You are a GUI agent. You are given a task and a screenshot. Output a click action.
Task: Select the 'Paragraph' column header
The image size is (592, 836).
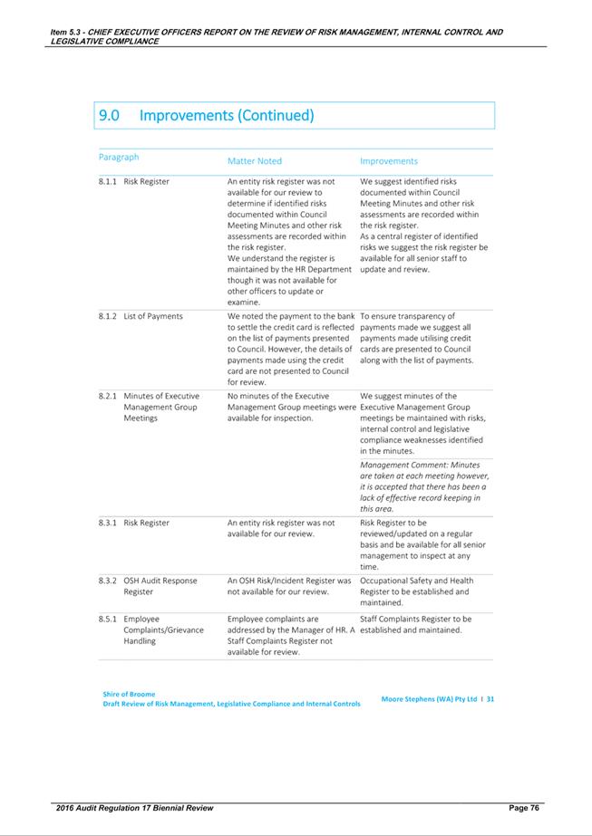tap(119, 157)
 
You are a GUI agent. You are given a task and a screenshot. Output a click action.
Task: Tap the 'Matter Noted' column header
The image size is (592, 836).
tap(254, 161)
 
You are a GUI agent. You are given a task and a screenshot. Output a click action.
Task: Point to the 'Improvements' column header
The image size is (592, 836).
tap(389, 161)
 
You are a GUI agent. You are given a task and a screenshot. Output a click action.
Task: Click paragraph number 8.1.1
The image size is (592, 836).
tap(108, 182)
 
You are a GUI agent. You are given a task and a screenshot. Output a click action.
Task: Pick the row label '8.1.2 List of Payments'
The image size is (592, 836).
tap(141, 316)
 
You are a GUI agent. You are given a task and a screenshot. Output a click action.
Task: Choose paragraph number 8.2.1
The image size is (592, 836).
tap(108, 396)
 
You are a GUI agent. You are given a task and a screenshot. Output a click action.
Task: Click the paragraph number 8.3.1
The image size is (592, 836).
tap(108, 523)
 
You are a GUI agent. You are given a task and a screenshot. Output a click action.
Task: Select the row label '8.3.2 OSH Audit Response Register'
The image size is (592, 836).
tap(147, 586)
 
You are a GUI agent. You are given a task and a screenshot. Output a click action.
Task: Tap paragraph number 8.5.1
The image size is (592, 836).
tap(108, 619)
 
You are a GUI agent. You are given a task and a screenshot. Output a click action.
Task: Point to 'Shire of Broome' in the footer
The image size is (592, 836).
tap(129, 695)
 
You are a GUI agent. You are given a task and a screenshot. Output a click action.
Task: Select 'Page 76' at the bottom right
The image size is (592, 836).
tap(523, 807)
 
